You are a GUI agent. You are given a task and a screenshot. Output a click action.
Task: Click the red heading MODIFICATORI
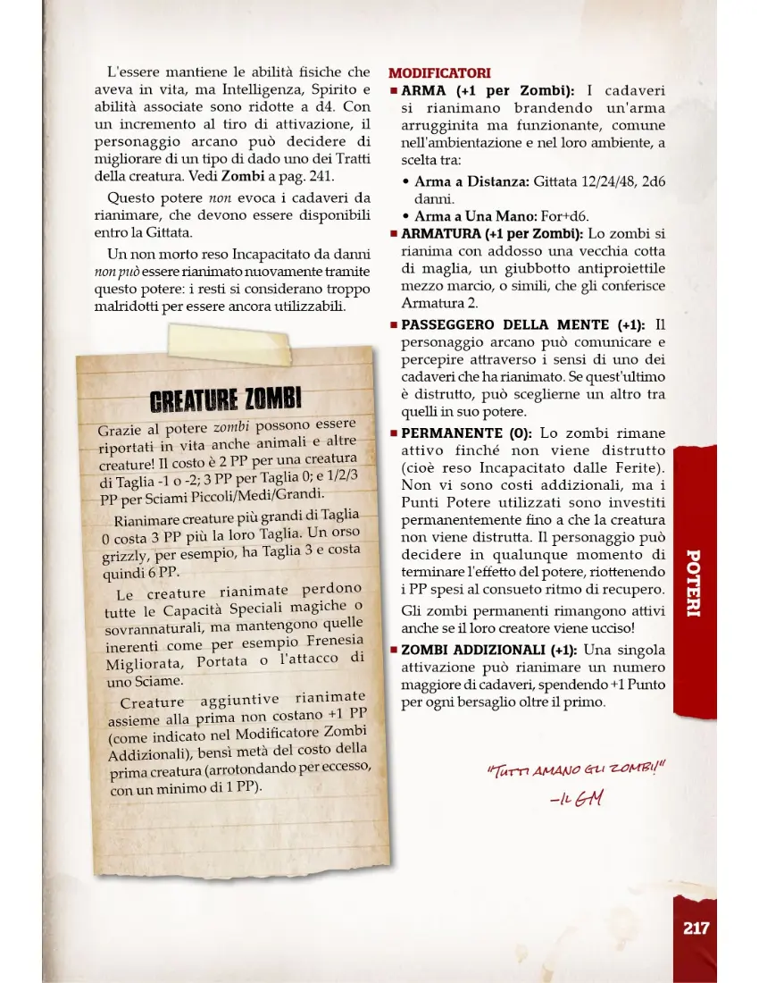[x=439, y=72]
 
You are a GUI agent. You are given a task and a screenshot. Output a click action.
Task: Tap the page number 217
[x=696, y=928]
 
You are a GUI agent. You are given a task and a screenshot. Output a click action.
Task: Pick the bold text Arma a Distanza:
[x=472, y=182]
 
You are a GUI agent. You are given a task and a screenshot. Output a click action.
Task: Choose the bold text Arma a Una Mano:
[x=475, y=216]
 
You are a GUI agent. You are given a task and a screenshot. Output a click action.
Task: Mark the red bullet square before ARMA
[x=393, y=91]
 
